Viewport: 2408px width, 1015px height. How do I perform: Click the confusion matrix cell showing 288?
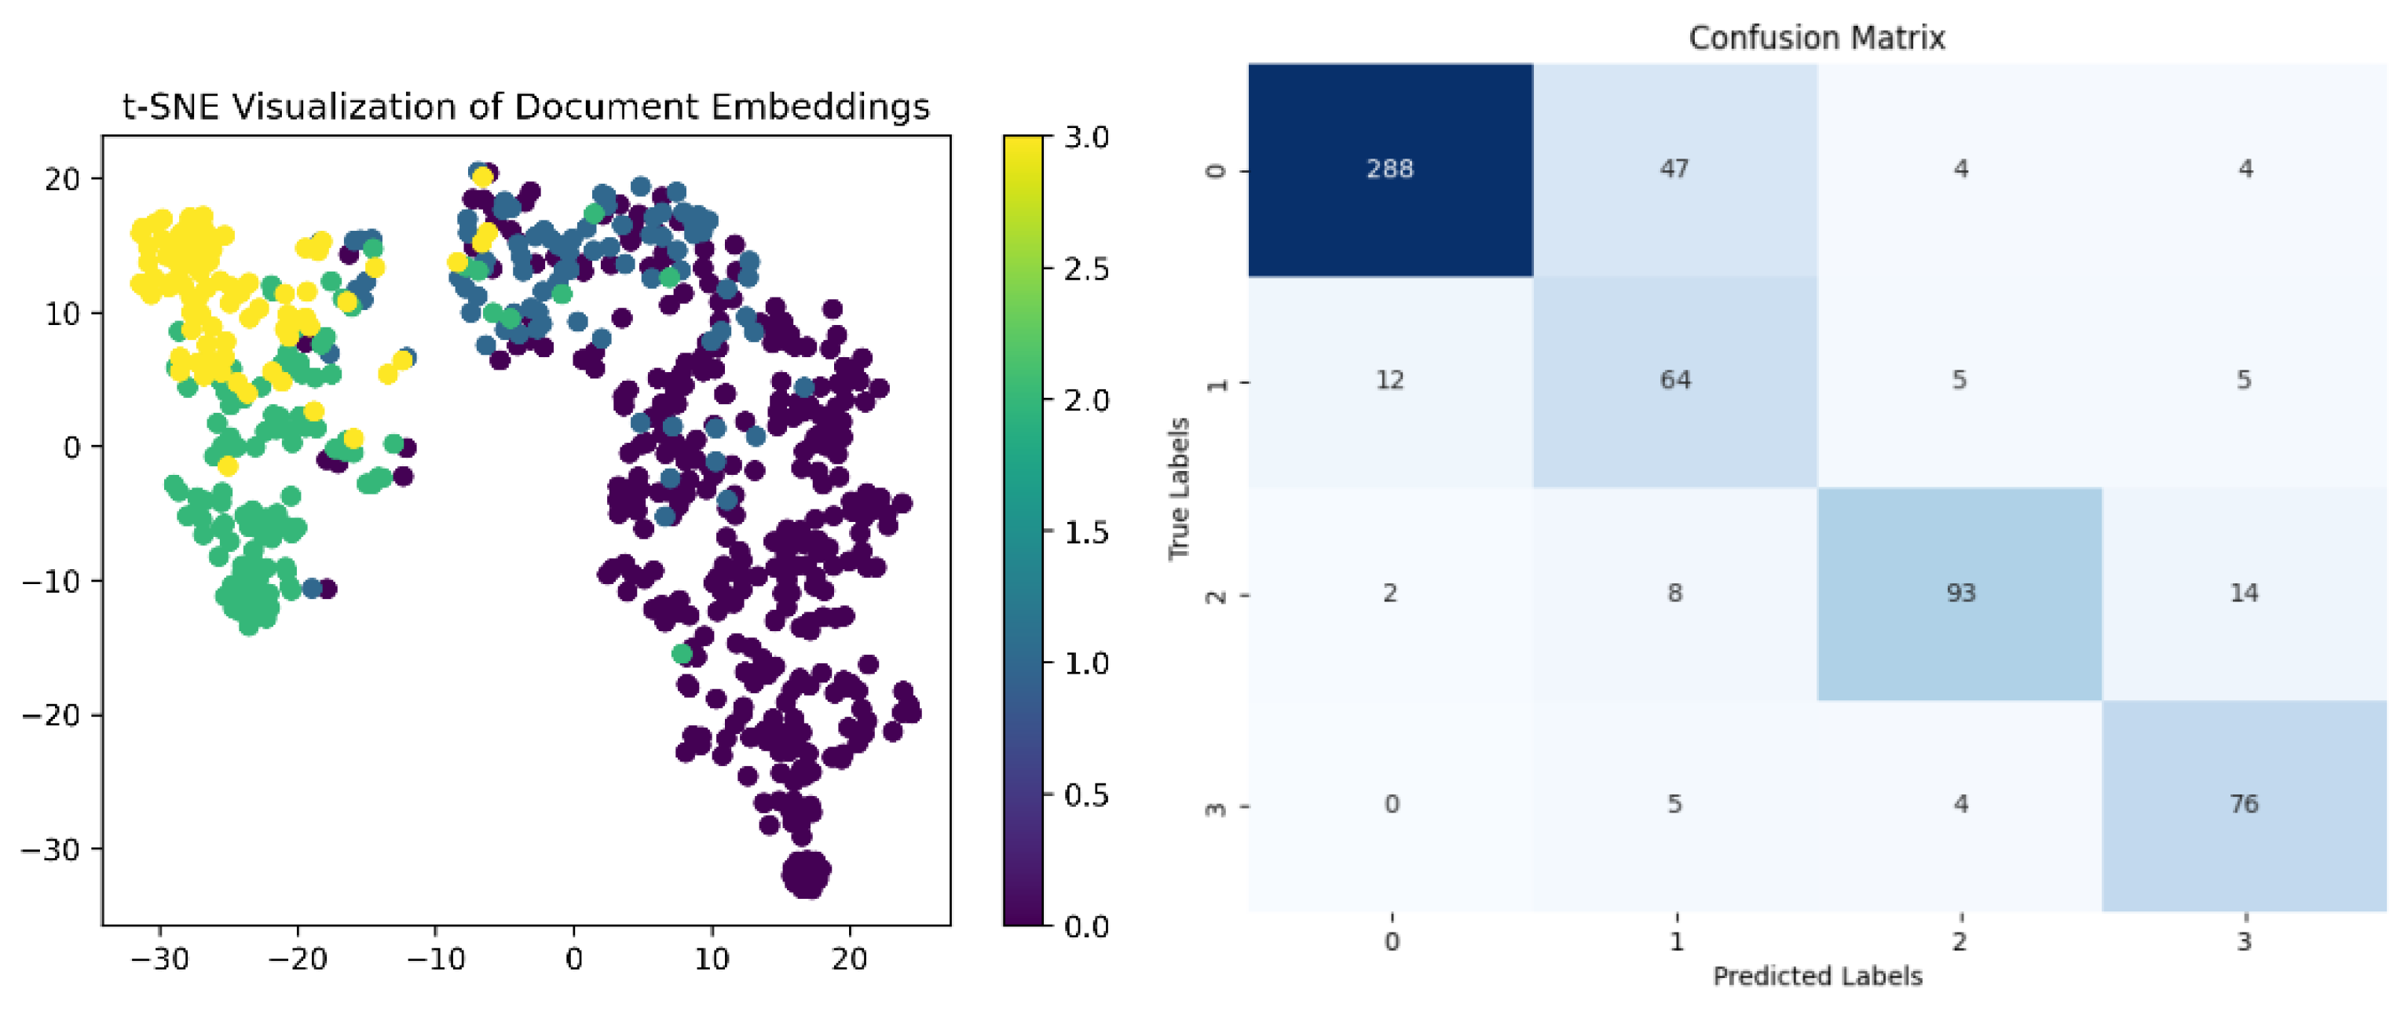click(x=1390, y=170)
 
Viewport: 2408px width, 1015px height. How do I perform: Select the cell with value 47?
click(x=1674, y=170)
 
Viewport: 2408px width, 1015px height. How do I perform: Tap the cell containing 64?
click(x=1674, y=381)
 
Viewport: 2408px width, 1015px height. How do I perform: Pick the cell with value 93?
click(x=1960, y=593)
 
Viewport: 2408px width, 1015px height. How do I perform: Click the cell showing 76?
click(x=2245, y=804)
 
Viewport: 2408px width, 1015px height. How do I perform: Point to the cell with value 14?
click(x=2245, y=593)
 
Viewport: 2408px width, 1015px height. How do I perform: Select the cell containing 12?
click(x=1390, y=381)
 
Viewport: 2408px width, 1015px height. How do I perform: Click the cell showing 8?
click(x=1674, y=593)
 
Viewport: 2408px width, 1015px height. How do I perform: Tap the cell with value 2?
click(x=1390, y=593)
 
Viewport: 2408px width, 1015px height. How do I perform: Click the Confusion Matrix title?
click(x=1817, y=38)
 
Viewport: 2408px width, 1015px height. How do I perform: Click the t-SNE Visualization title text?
click(x=526, y=107)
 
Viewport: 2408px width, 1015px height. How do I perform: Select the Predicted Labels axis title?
click(x=1817, y=976)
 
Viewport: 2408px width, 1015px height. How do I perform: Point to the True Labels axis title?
click(x=1179, y=487)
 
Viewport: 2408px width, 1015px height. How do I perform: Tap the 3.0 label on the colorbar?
click(x=1086, y=137)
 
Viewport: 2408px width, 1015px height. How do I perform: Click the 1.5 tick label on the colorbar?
click(x=1086, y=533)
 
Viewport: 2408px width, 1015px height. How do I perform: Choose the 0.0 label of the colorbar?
click(x=1086, y=926)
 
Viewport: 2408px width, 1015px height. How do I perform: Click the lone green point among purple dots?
click(x=682, y=654)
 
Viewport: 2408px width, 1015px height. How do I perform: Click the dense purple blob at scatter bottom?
click(x=806, y=874)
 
